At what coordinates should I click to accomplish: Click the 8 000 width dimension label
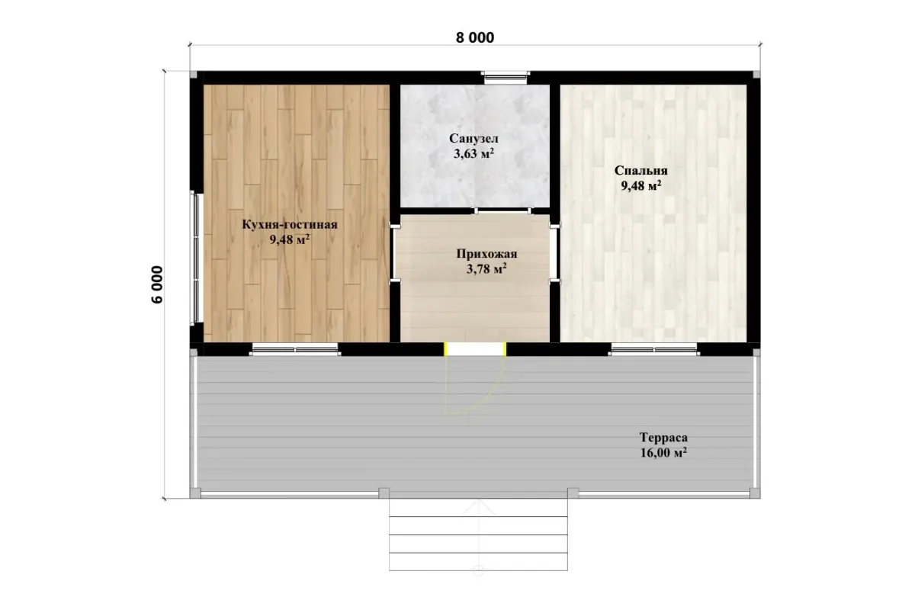[x=474, y=37]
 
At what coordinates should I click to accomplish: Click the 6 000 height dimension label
[x=157, y=284]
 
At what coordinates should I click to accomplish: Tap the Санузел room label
[x=474, y=139]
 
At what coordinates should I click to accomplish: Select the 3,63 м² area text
[x=474, y=153]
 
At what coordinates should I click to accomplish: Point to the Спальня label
[x=641, y=170]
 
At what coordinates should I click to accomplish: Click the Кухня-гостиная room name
[x=290, y=224]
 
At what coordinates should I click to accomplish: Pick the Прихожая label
[x=487, y=254]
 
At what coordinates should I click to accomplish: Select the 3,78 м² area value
[x=487, y=269]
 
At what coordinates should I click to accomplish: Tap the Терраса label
[x=663, y=438]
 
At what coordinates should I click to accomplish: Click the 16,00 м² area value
[x=663, y=453]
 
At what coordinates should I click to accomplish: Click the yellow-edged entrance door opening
[x=475, y=349]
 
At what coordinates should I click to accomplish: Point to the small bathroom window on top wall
[x=506, y=77]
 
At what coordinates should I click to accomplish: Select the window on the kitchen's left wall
[x=196, y=258]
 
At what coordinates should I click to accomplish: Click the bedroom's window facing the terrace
[x=654, y=349]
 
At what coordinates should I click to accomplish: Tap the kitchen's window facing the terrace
[x=295, y=349]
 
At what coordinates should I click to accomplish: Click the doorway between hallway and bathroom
[x=502, y=210]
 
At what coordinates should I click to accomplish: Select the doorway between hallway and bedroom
[x=554, y=253]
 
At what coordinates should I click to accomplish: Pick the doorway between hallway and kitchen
[x=395, y=253]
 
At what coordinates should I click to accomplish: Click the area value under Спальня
[x=641, y=186]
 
